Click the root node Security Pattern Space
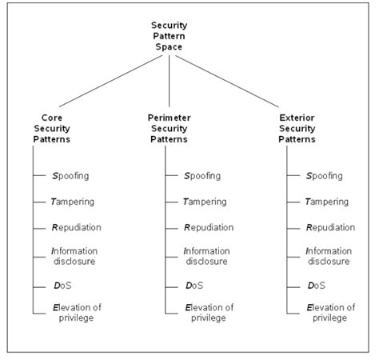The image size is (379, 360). click(170, 36)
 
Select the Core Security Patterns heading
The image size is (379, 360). click(51, 128)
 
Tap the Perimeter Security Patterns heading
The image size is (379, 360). click(170, 128)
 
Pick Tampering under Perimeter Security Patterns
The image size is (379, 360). click(205, 202)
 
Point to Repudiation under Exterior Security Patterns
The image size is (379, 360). click(330, 228)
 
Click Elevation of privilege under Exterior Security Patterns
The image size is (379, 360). click(330, 313)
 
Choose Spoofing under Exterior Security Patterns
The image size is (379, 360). click(325, 176)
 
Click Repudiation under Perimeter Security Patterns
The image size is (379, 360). click(208, 228)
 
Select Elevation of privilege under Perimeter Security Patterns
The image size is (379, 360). click(208, 313)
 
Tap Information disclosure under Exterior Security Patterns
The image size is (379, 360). click(329, 257)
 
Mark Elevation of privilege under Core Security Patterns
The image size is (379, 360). click(76, 313)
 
